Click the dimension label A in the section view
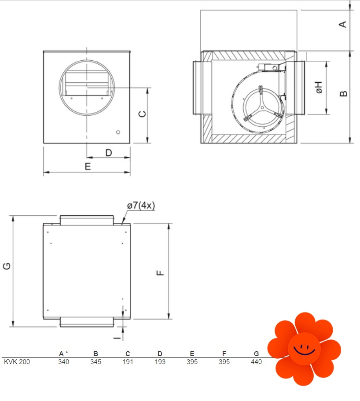(x=342, y=24)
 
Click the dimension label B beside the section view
(x=343, y=94)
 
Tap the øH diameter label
(x=319, y=88)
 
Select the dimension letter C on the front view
(x=142, y=114)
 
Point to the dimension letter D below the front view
(x=109, y=153)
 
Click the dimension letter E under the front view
(x=88, y=166)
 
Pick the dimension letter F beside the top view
(x=160, y=273)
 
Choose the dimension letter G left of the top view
(x=7, y=266)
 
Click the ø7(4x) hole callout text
(x=141, y=206)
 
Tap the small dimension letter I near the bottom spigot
(x=117, y=338)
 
